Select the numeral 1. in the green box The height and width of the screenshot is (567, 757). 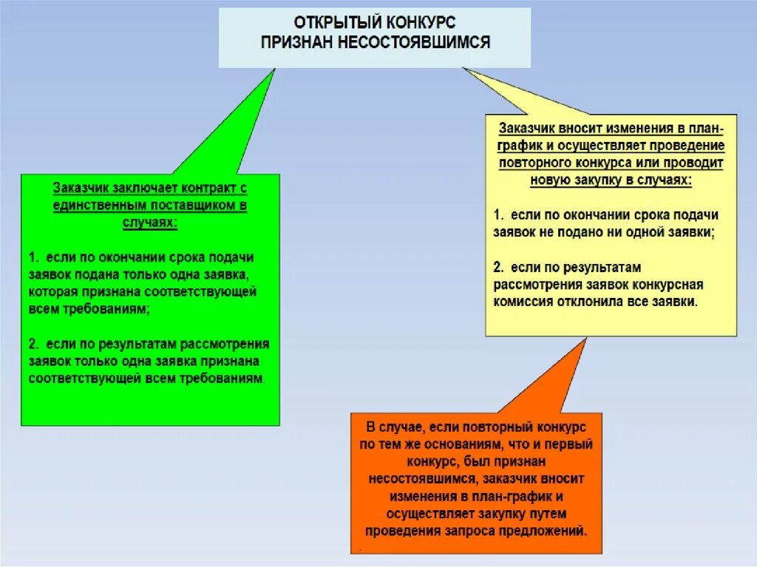(x=34, y=258)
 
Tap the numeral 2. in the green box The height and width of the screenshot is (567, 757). (x=34, y=344)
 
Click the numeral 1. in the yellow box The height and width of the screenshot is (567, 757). (x=499, y=215)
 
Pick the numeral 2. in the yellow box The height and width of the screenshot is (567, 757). (x=499, y=267)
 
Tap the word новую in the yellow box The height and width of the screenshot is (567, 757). (x=549, y=180)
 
